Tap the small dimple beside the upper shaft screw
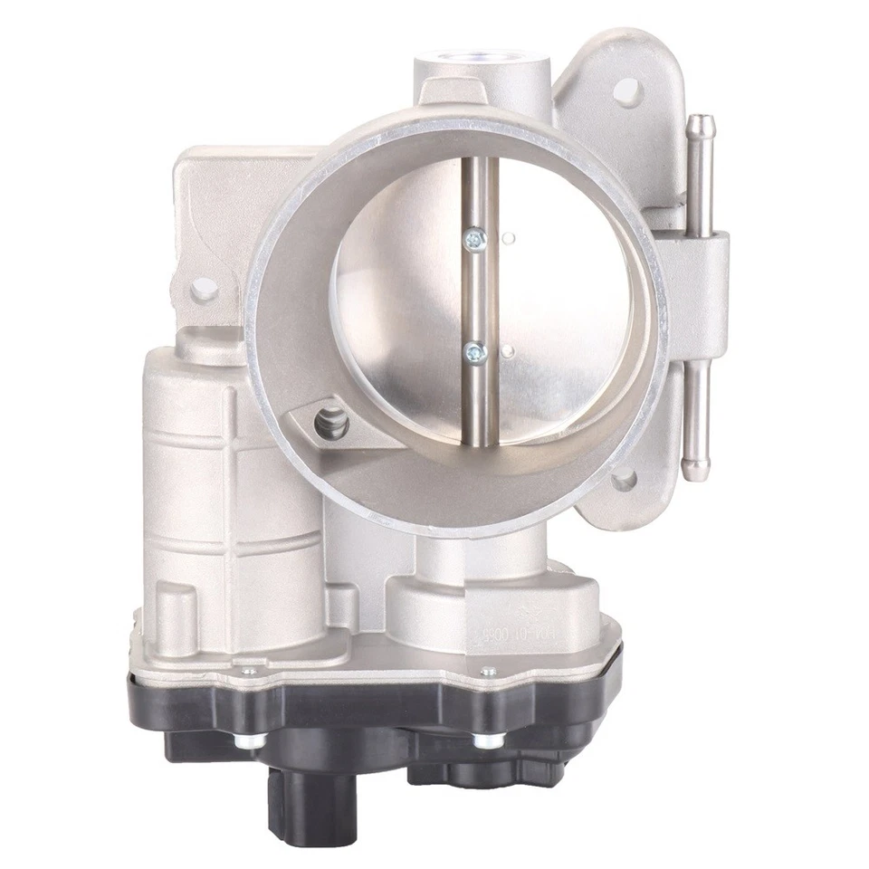pos(510,239)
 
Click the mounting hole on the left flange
pos(205,289)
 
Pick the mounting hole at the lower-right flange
pos(624,480)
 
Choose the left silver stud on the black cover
pos(247,741)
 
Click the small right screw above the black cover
pos(489,672)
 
